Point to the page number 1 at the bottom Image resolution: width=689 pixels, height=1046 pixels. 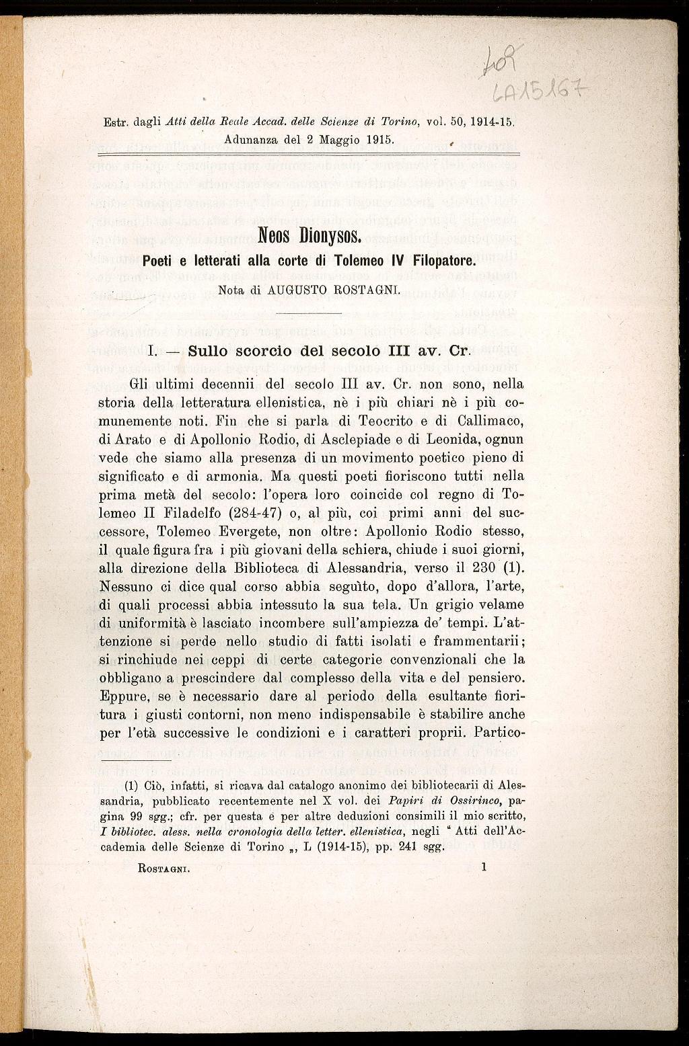(x=484, y=867)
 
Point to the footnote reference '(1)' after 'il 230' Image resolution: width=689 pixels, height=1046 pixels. (x=513, y=567)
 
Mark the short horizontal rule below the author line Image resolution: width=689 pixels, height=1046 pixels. (x=310, y=313)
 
